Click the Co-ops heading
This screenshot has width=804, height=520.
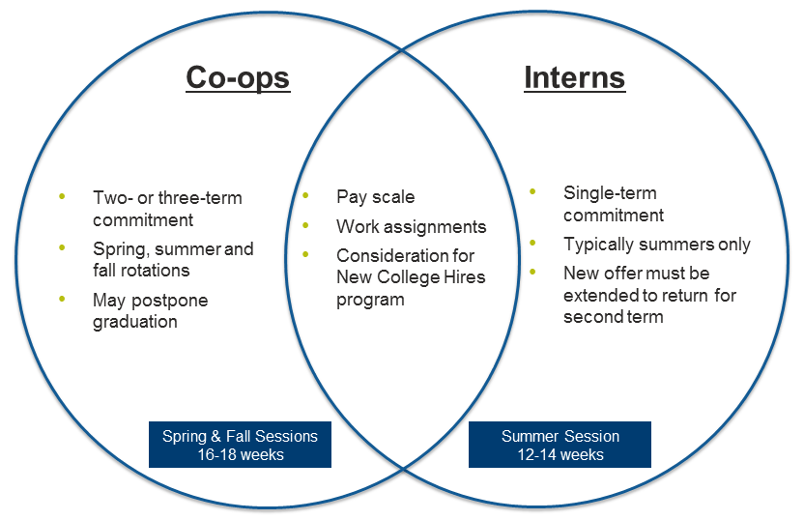coord(238,78)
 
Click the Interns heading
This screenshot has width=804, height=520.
coord(574,77)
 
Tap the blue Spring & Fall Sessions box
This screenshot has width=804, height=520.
coord(240,445)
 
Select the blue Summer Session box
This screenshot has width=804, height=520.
coord(560,445)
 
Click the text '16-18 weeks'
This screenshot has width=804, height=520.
coord(241,454)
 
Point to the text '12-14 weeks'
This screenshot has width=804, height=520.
coord(560,454)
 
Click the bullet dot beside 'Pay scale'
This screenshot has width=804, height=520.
coord(305,195)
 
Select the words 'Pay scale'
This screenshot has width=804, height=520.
coord(375,197)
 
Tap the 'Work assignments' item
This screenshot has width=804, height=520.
coord(412,227)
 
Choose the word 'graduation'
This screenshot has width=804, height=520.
coord(135,322)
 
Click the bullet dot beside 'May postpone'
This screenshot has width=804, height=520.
coord(62,299)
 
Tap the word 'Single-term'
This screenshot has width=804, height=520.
coord(610,193)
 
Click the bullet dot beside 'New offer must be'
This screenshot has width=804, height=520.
coord(532,272)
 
